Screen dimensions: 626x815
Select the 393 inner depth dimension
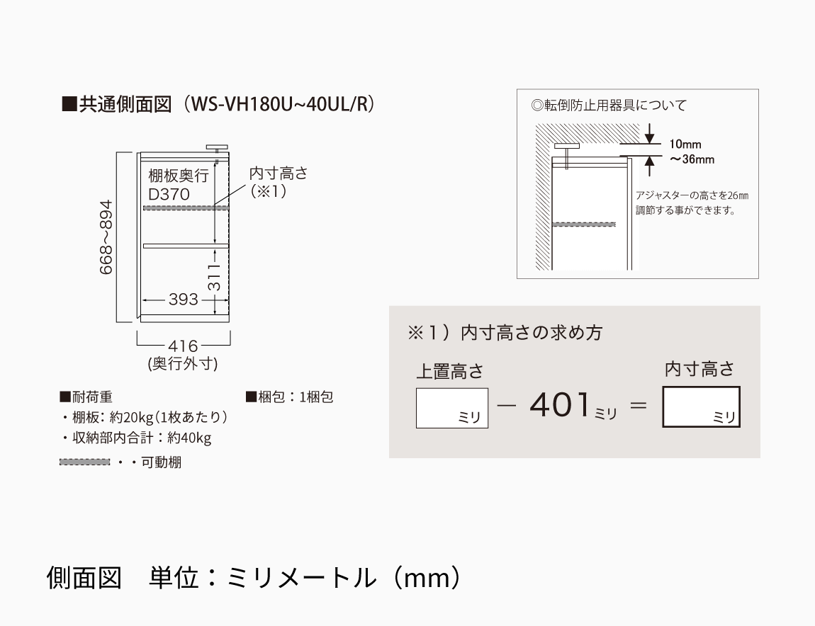pos(184,300)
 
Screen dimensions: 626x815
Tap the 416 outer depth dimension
pos(183,346)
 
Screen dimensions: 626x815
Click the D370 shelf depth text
pos(169,194)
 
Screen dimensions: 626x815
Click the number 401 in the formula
pos(560,406)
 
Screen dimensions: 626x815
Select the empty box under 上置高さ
pos(452,408)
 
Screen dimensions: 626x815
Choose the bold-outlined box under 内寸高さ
pos(701,406)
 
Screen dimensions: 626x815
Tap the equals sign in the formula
pos(639,407)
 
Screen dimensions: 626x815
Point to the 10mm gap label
pos(685,144)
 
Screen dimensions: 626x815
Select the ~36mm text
pos(692,159)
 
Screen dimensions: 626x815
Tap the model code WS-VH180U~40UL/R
pos(283,104)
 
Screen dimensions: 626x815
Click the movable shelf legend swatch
pos(85,462)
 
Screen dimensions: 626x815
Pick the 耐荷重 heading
pos(86,397)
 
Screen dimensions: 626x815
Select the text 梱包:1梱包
pos(290,397)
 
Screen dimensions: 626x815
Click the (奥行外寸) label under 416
pos(183,364)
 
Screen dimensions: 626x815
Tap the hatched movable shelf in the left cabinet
pos(186,207)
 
